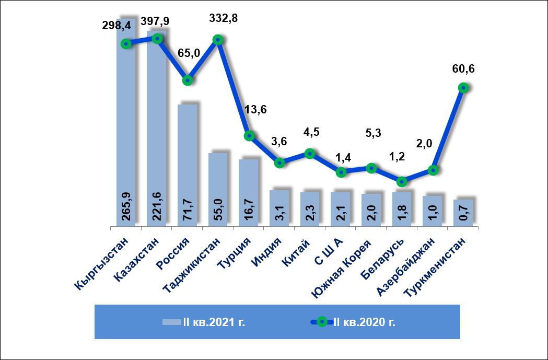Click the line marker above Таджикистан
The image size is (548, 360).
click(218, 40)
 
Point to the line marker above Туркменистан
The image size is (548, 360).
click(463, 88)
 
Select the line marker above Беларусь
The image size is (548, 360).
click(402, 181)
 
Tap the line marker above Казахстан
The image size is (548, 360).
click(157, 38)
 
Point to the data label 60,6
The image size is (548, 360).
click(462, 68)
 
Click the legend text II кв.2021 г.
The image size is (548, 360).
click(214, 321)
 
